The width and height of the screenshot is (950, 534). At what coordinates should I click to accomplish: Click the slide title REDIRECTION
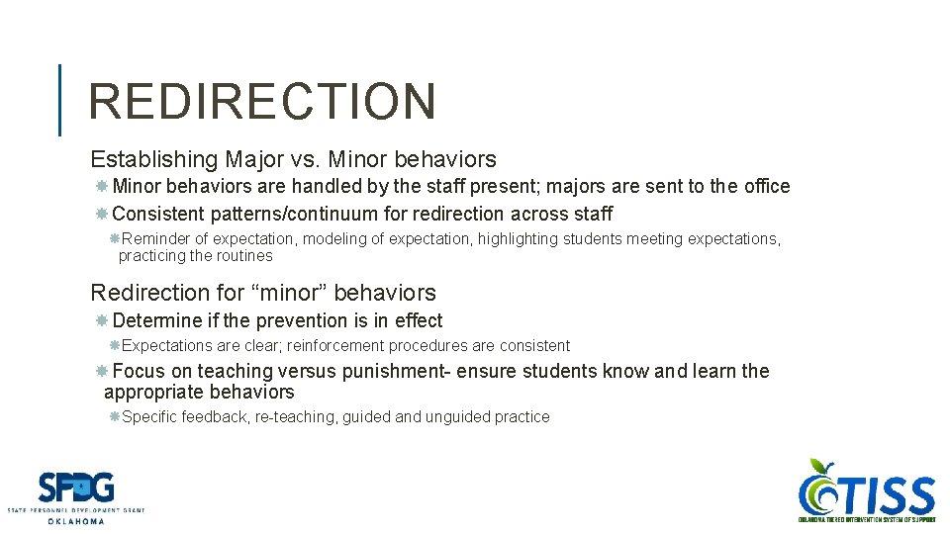[261, 101]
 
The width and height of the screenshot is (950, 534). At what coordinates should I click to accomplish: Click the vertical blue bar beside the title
[59, 100]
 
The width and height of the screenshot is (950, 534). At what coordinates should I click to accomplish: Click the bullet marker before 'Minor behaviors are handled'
[102, 187]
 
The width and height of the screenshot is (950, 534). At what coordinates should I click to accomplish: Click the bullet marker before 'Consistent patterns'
[102, 214]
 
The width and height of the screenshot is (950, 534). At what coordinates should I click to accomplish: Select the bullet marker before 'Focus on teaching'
[102, 372]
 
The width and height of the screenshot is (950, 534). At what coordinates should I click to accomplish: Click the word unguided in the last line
[458, 417]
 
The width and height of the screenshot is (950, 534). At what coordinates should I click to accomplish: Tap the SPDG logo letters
[76, 488]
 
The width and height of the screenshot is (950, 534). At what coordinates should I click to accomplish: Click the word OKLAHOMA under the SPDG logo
[76, 521]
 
